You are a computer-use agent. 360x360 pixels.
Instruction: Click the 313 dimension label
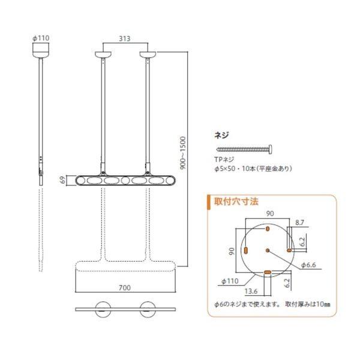(124, 38)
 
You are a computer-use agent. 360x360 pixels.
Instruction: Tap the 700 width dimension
(125, 287)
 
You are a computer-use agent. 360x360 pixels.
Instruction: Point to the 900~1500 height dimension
(183, 153)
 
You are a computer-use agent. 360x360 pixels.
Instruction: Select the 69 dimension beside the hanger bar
(62, 180)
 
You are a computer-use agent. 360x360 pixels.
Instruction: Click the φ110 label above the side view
(41, 38)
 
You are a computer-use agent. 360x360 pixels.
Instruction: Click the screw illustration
(244, 149)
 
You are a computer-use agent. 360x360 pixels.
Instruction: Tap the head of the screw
(271, 149)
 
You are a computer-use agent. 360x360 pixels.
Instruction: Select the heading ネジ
(221, 135)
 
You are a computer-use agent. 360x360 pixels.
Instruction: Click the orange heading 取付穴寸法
(236, 202)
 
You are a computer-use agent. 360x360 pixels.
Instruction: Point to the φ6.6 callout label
(308, 265)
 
